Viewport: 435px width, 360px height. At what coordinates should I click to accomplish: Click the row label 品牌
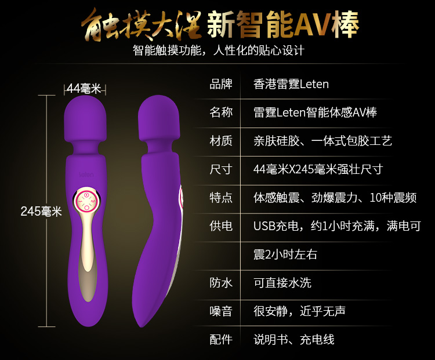[x=221, y=84]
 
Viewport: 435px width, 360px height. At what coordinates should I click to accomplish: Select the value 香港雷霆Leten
[x=291, y=84]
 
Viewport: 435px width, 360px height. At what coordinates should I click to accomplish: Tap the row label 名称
[x=221, y=112]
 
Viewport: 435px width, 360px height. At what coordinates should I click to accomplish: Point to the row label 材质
[x=221, y=140]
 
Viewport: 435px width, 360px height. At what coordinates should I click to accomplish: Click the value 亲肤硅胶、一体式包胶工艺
[x=323, y=140]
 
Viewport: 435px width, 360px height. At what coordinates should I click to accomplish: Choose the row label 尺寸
[x=221, y=169]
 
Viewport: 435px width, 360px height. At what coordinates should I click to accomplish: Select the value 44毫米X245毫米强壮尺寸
[x=318, y=169]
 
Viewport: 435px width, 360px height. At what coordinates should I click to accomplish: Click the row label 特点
[x=221, y=197]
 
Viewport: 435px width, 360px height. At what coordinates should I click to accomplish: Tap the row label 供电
[x=221, y=226]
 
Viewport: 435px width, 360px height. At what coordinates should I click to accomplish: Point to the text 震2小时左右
[x=285, y=254]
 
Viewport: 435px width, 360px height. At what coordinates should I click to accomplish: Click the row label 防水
[x=221, y=282]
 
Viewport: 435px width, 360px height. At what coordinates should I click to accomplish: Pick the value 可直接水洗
[x=282, y=282]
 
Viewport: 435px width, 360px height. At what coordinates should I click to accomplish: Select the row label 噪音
[x=221, y=311]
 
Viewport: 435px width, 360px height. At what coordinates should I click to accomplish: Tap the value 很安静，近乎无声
[x=300, y=311]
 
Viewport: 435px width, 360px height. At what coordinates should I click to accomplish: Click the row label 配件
[x=221, y=339]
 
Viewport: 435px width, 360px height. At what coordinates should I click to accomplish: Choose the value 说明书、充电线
[x=294, y=339]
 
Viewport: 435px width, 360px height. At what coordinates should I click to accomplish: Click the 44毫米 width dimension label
[x=84, y=89]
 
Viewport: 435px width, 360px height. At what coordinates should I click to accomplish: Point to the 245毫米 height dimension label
[x=41, y=212]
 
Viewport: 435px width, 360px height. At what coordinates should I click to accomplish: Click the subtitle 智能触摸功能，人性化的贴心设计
[x=219, y=50]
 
